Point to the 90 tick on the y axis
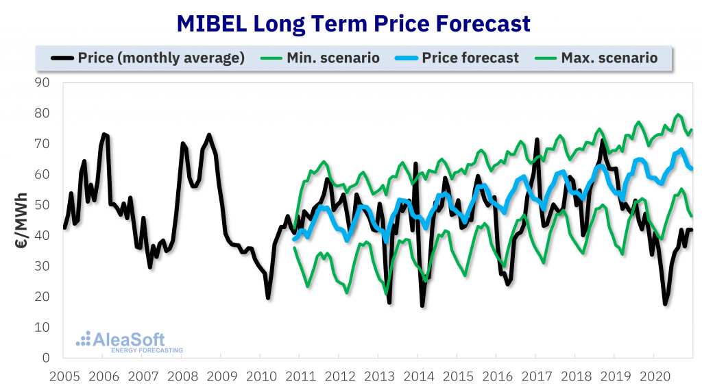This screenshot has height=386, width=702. click(46, 83)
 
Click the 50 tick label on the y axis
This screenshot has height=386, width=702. click(46, 205)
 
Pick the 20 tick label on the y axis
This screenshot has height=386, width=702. click(46, 297)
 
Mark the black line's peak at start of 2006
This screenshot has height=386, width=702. click(104, 134)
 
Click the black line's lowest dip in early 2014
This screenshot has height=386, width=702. click(422, 305)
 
